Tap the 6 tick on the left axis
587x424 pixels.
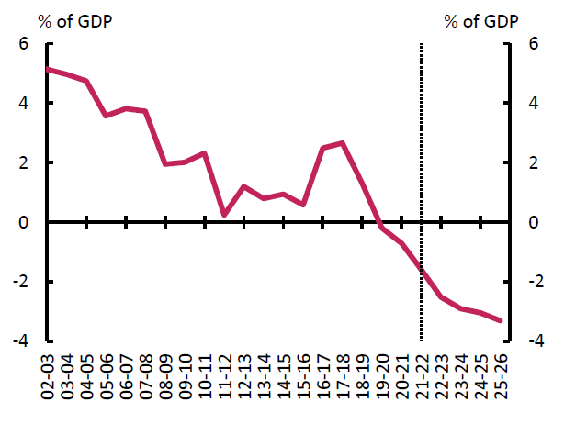pyautogui.click(x=25, y=44)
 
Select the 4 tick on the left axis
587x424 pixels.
pyautogui.click(x=25, y=104)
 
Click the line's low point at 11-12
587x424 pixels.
pyautogui.click(x=223, y=215)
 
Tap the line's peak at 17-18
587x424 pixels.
pyautogui.click(x=342, y=143)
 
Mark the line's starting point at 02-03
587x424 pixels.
pyautogui.click(x=47, y=70)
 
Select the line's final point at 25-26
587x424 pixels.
pyautogui.click(x=499, y=320)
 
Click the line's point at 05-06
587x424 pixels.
pyautogui.click(x=106, y=116)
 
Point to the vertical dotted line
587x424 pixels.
pyautogui.click(x=421, y=138)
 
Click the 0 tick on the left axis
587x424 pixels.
pyautogui.click(x=25, y=222)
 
